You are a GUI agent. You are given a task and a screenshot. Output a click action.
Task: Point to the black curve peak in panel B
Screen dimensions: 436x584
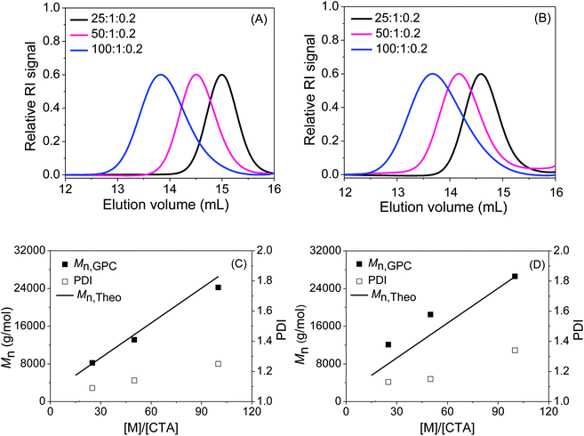(481, 74)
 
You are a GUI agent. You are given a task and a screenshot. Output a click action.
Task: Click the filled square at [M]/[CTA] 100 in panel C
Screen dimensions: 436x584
(219, 287)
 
